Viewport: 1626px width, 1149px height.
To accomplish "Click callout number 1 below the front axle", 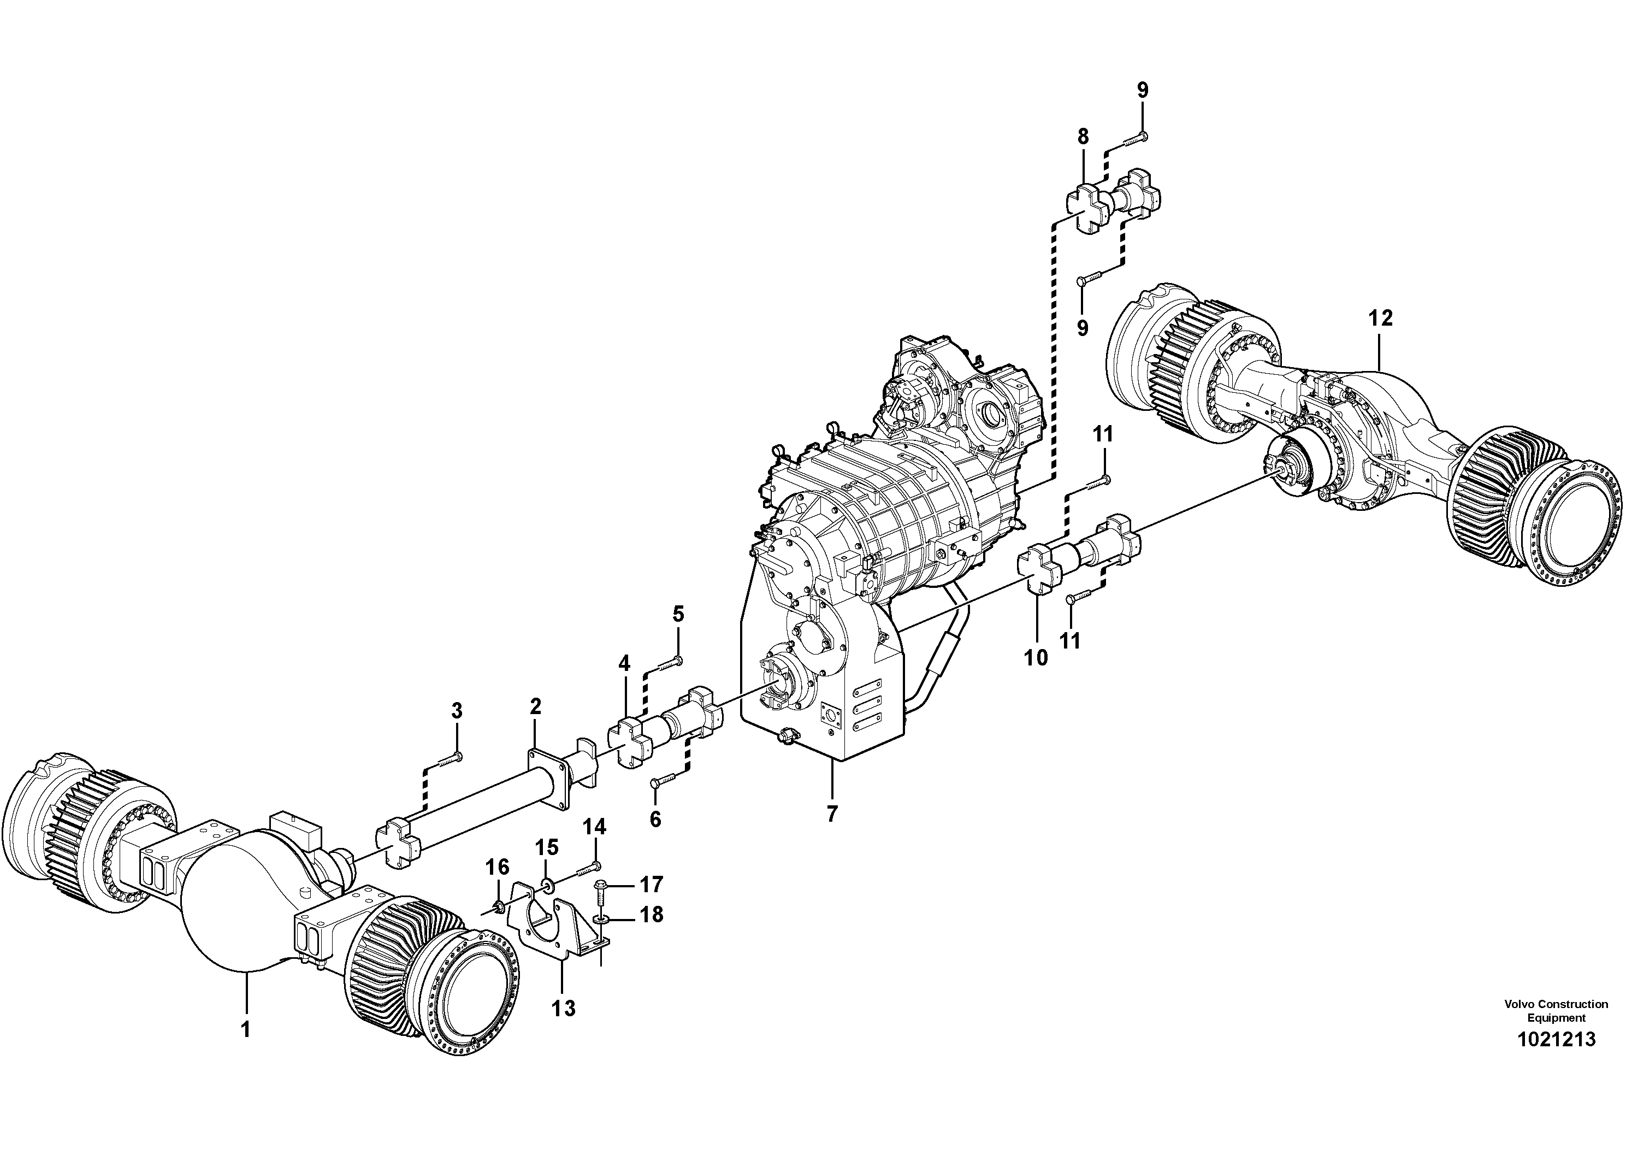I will coord(246,1029).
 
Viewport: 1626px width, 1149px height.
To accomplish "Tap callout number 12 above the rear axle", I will coord(1380,318).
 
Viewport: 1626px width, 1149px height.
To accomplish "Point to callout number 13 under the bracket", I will coord(564,1008).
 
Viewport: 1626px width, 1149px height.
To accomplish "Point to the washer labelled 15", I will coord(546,883).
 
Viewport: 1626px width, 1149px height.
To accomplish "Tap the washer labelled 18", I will coord(601,919).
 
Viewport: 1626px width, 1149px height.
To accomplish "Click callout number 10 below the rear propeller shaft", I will coord(1036,657).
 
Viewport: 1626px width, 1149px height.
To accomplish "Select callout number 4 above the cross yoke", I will coord(623,664).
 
